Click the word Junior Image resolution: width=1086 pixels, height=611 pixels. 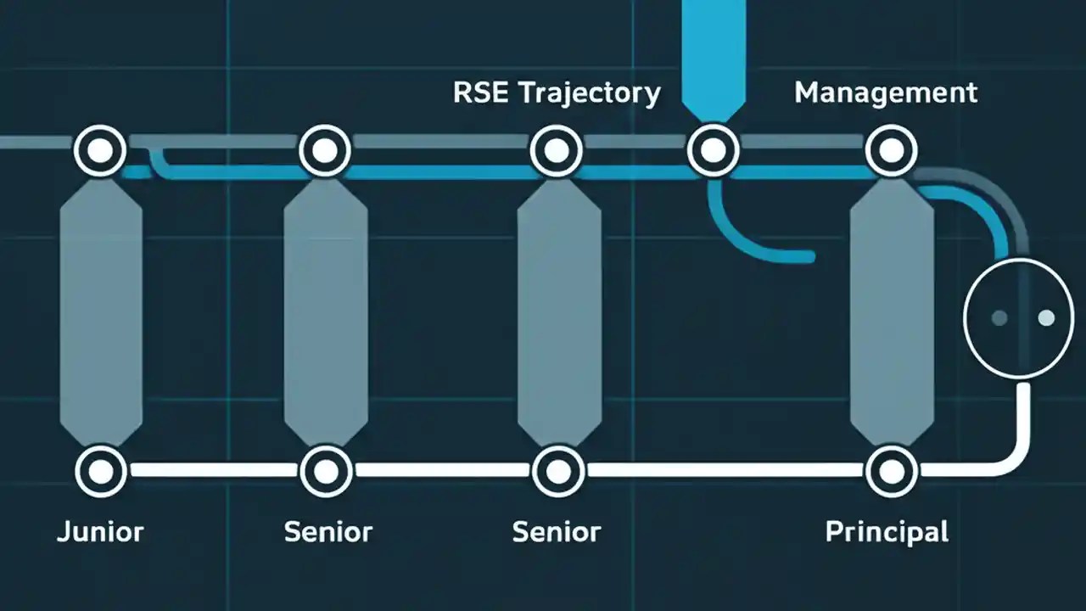tap(100, 532)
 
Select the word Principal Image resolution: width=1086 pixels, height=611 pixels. tap(887, 532)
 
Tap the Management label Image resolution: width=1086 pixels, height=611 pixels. tap(886, 92)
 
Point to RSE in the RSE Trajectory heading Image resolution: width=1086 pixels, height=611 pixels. tap(482, 92)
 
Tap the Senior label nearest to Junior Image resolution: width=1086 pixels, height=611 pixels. tap(327, 532)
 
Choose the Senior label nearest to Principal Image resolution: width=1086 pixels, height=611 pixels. tap(557, 532)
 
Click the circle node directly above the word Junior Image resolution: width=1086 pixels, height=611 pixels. tap(101, 470)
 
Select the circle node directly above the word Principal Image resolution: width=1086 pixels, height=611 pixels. tap(891, 470)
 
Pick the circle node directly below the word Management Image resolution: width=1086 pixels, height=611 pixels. tap(891, 151)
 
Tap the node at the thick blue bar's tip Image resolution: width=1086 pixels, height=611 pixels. tap(713, 151)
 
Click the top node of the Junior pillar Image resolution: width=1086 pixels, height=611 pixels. tap(101, 151)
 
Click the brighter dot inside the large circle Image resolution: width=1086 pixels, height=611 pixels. tap(1046, 317)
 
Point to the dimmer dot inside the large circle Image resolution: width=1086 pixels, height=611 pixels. tap(999, 317)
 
